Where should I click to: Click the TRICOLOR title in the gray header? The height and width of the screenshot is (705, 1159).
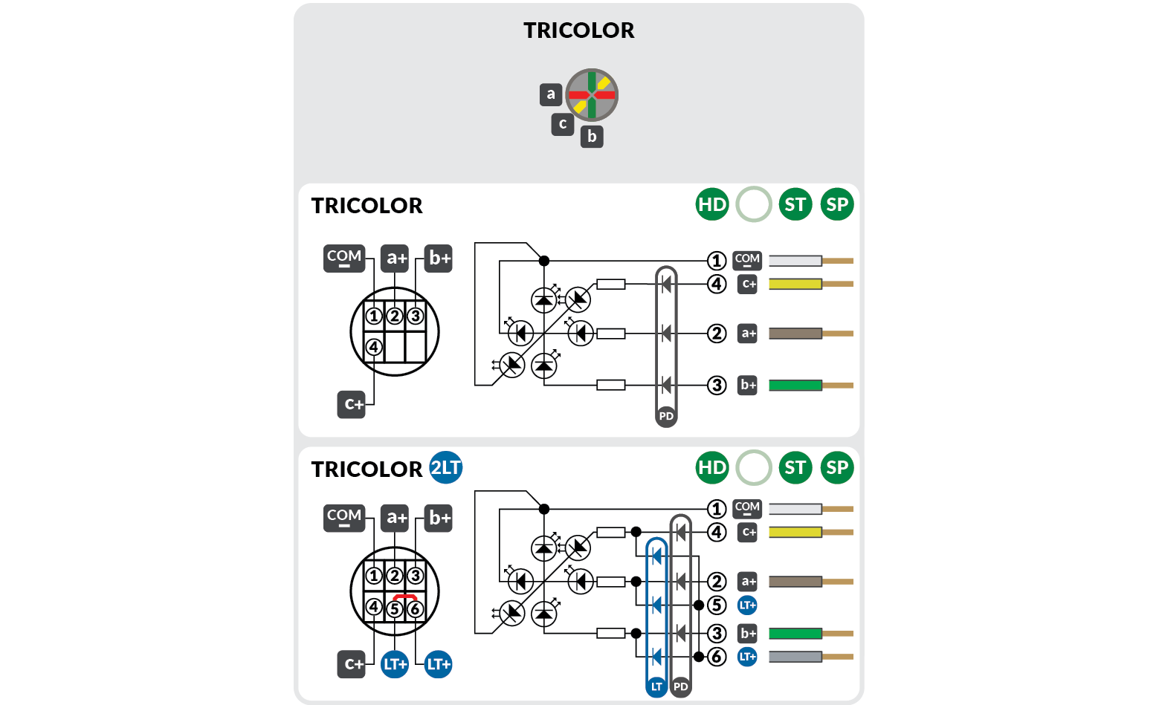pyautogui.click(x=578, y=30)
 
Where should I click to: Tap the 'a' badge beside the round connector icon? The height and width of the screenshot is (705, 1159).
pyautogui.click(x=550, y=94)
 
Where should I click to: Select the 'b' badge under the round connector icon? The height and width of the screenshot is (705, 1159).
pyautogui.click(x=592, y=137)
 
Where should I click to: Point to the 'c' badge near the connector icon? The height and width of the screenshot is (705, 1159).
pyautogui.click(x=562, y=124)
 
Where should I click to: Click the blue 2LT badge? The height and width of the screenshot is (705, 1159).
pyautogui.click(x=446, y=467)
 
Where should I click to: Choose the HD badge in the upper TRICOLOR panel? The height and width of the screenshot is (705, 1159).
pyautogui.click(x=711, y=204)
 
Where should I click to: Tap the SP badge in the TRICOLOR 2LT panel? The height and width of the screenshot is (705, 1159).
pyautogui.click(x=837, y=467)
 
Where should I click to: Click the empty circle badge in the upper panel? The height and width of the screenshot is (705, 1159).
pyautogui.click(x=753, y=204)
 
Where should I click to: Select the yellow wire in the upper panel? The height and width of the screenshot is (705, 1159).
pyautogui.click(x=795, y=284)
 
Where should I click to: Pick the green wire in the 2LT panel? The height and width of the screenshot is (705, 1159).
pyautogui.click(x=795, y=634)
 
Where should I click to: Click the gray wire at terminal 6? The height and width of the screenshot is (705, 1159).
pyautogui.click(x=795, y=657)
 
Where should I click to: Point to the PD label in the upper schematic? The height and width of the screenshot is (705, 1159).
pyautogui.click(x=666, y=416)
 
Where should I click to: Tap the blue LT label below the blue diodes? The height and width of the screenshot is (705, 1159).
pyautogui.click(x=656, y=686)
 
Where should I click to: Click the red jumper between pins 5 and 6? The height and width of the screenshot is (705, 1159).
pyautogui.click(x=405, y=597)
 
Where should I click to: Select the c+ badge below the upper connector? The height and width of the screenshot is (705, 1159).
pyautogui.click(x=352, y=405)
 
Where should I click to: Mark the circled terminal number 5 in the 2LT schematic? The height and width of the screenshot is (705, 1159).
pyautogui.click(x=717, y=605)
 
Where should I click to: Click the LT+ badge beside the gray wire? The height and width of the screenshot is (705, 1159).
pyautogui.click(x=747, y=657)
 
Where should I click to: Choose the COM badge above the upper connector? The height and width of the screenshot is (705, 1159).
pyautogui.click(x=344, y=259)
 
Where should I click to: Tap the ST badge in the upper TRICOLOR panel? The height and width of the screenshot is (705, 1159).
pyautogui.click(x=795, y=204)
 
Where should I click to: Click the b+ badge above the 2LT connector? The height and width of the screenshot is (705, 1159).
pyautogui.click(x=439, y=518)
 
